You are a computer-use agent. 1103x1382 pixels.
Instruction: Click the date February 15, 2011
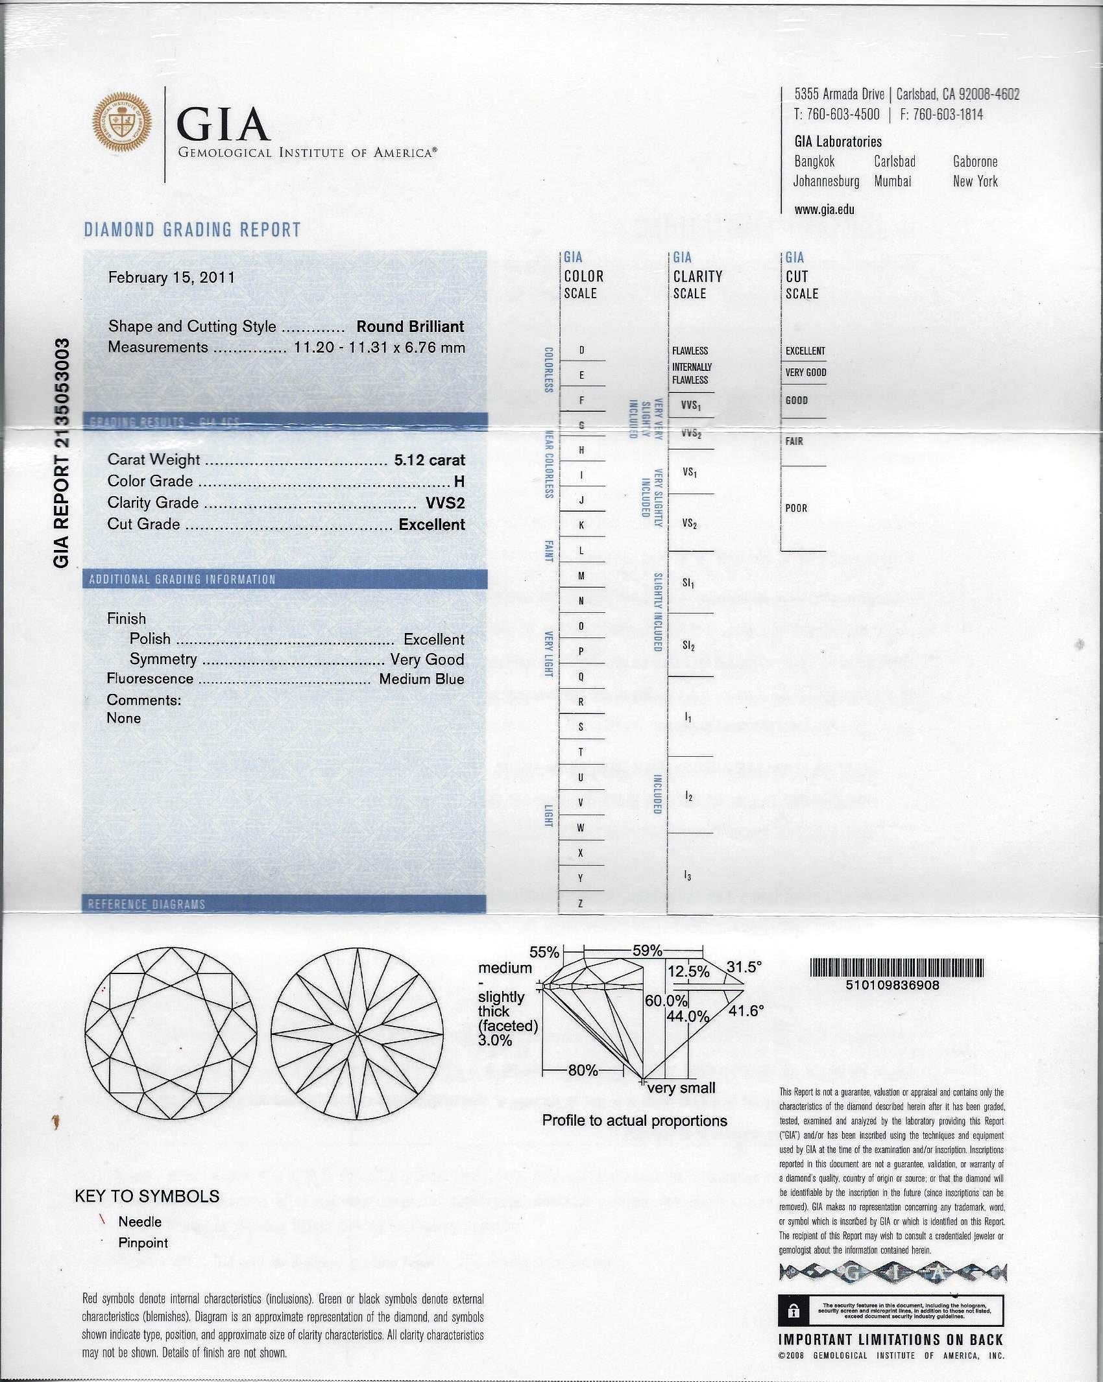171,278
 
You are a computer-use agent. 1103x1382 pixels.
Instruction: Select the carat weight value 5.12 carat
430,460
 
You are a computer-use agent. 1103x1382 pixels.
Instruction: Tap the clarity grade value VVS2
445,503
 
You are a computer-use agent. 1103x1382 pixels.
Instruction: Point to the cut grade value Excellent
431,524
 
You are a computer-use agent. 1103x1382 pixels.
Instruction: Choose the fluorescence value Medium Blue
422,679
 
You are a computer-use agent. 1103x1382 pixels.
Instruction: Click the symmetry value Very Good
427,659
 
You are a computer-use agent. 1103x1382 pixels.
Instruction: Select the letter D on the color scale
581,351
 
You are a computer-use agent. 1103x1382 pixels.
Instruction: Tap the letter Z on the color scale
581,903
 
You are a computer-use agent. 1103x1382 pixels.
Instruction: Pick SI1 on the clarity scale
688,584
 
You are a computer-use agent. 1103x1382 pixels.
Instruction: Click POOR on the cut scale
796,508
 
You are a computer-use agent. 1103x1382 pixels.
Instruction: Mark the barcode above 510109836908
897,968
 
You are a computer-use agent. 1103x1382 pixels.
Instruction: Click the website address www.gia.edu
824,209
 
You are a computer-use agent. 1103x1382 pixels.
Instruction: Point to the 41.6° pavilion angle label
746,1010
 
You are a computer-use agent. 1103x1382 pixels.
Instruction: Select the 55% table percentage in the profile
544,952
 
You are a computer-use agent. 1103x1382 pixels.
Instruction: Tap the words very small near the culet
681,1088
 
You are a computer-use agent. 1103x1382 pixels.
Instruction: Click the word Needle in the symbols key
139,1222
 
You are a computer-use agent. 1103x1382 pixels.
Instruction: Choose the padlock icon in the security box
793,1311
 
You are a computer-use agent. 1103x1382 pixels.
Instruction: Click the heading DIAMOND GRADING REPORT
193,230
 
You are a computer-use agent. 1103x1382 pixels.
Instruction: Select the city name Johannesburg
826,182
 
